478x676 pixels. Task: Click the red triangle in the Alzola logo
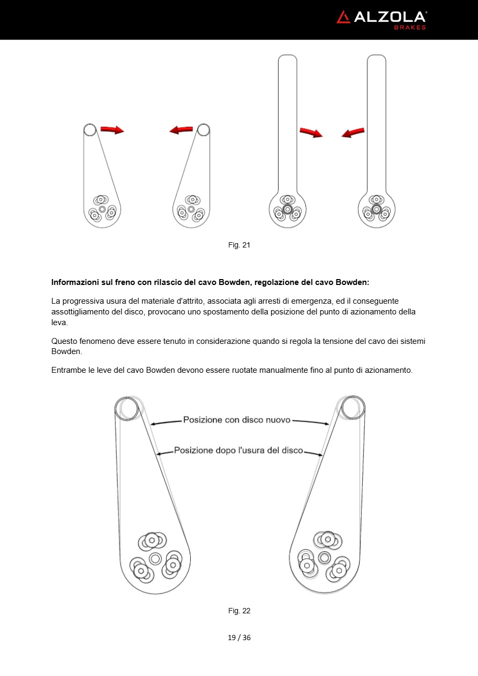point(343,17)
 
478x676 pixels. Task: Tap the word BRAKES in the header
point(410,27)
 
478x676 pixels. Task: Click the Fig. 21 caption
point(239,245)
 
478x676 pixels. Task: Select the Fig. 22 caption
point(239,611)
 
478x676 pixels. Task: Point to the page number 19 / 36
point(239,637)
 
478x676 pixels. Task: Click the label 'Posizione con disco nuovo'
point(236,420)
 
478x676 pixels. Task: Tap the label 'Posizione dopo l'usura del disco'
point(238,450)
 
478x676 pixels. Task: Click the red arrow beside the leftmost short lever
point(112,130)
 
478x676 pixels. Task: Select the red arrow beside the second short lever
point(181,130)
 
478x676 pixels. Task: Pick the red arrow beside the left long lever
point(311,132)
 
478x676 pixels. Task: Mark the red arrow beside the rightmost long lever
point(353,132)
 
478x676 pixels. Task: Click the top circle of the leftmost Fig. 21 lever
point(89,130)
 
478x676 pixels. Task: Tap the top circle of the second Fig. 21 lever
point(203,130)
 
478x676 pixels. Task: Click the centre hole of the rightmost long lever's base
point(376,208)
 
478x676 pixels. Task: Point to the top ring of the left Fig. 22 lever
point(127,408)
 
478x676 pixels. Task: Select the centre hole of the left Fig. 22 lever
point(155,559)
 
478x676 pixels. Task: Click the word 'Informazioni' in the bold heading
point(75,282)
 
